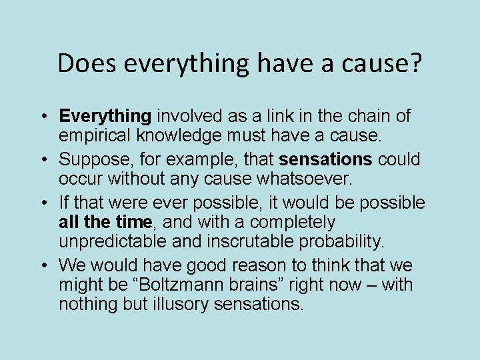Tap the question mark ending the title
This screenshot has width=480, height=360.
[x=415, y=63]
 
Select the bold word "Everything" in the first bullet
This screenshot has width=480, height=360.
[x=105, y=116]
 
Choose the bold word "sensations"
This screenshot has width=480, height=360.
[x=326, y=159]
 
